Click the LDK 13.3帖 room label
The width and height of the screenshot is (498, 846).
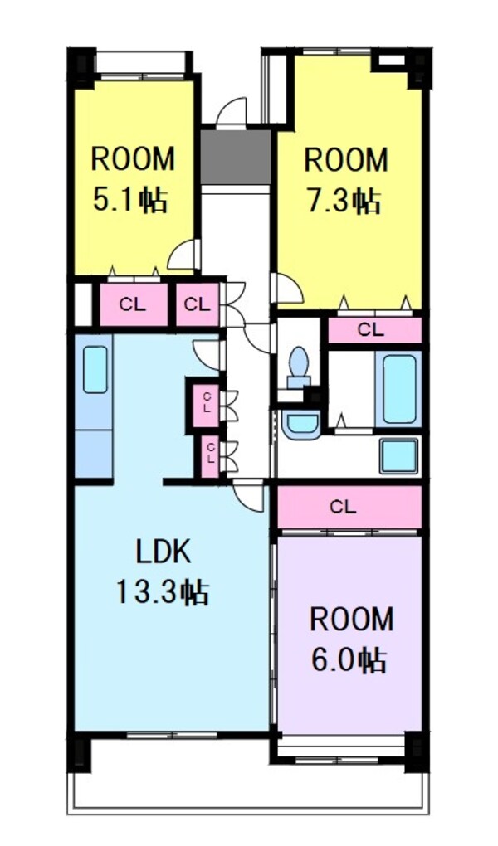click(x=162, y=573)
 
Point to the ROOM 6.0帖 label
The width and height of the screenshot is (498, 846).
click(x=351, y=640)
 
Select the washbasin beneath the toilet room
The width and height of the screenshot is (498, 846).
click(x=301, y=424)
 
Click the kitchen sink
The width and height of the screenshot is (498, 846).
click(x=95, y=370)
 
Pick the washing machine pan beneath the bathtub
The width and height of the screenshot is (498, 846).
click(x=398, y=456)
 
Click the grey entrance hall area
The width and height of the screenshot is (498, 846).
click(x=236, y=157)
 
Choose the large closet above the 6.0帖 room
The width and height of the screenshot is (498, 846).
click(x=349, y=507)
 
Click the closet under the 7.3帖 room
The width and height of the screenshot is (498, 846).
click(x=374, y=330)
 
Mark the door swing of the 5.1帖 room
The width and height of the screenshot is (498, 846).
click(x=183, y=255)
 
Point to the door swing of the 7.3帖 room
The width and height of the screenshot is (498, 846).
click(x=289, y=287)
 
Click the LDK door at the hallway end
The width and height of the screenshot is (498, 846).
click(x=247, y=494)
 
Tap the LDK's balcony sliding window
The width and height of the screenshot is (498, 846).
click(x=172, y=734)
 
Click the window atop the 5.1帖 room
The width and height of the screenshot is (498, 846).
click(x=143, y=76)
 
